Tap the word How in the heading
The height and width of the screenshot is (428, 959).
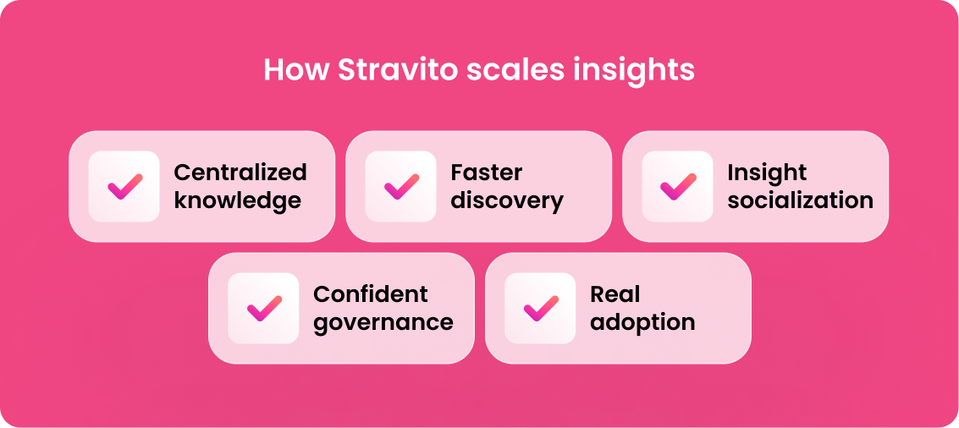pos(296,69)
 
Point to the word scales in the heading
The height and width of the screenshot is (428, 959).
pos(515,69)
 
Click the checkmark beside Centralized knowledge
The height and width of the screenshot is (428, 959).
pos(124,186)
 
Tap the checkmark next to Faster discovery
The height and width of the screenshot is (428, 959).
pos(401,186)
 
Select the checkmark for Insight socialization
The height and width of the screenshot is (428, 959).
pos(678,186)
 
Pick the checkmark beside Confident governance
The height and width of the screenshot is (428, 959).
pos(264,308)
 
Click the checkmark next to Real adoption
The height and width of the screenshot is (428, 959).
pos(541,308)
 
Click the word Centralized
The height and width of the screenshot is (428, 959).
pos(240,173)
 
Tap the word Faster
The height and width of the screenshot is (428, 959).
pos(487,173)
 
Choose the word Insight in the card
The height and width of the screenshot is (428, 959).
pos(767,173)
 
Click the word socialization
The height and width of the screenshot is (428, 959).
pos(801,200)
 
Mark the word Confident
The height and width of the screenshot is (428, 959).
pos(371,294)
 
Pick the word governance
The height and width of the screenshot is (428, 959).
pos(383,323)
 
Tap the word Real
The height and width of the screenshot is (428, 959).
pos(615,294)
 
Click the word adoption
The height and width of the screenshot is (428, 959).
pos(642,323)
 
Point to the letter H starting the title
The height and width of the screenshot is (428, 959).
pos(273,69)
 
